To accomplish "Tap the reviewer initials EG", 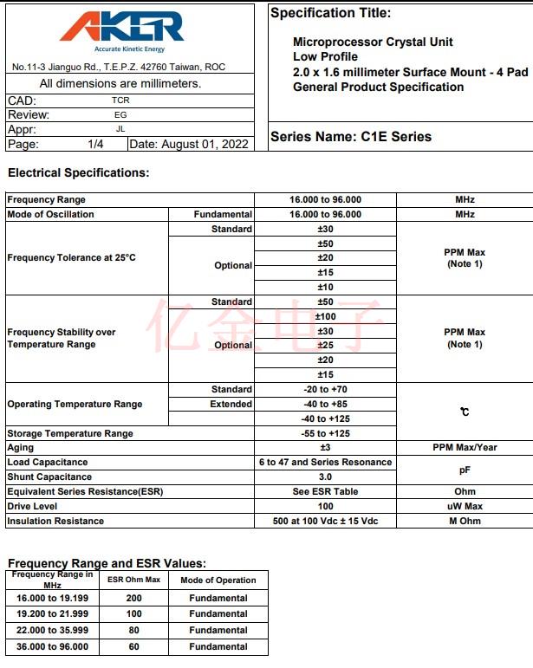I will (x=120, y=114).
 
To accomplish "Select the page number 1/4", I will (x=95, y=144).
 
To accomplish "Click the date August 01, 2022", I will (x=189, y=144).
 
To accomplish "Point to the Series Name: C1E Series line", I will (x=350, y=136).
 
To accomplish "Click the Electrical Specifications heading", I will (x=78, y=172).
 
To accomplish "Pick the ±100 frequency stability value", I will (x=325, y=316).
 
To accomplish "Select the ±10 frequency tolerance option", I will (x=325, y=287).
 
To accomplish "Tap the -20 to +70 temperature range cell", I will (x=325, y=389).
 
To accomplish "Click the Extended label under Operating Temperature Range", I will (x=231, y=404).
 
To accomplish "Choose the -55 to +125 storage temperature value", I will (x=325, y=433).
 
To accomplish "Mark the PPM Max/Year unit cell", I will (x=465, y=447).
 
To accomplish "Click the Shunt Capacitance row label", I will (x=49, y=477).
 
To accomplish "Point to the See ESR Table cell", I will (x=325, y=491).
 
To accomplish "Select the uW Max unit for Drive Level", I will (x=465, y=506).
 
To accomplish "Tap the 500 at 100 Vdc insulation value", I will (x=325, y=521).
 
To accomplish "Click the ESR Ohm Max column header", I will (x=133, y=580).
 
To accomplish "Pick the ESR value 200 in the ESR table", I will (x=133, y=598).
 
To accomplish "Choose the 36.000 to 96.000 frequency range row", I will (x=53, y=646).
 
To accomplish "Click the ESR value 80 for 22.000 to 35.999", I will (x=133, y=630).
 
